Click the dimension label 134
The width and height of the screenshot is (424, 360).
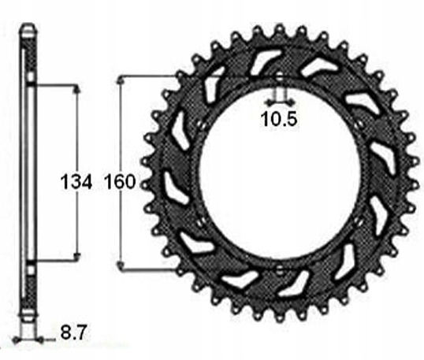coord(76,181)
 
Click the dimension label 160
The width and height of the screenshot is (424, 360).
coord(120,181)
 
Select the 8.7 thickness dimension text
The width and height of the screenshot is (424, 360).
coord(73,332)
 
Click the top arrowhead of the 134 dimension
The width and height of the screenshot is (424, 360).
coord(76,89)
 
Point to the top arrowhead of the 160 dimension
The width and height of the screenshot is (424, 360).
coord(121,80)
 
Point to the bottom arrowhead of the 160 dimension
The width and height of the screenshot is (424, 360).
coord(121,265)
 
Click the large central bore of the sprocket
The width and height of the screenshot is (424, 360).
coord(280,173)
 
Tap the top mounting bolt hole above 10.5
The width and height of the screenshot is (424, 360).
coord(280,78)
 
